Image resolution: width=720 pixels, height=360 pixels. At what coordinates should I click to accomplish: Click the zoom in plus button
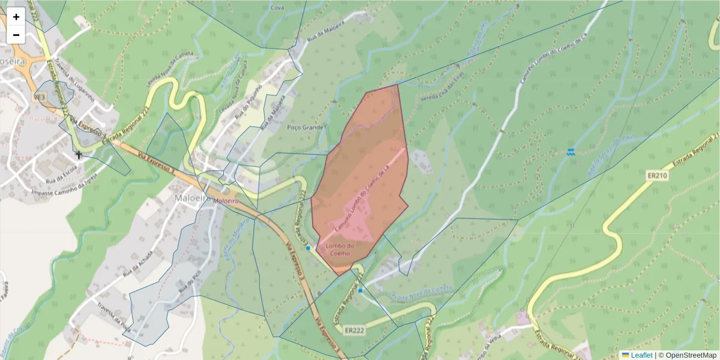[16, 17]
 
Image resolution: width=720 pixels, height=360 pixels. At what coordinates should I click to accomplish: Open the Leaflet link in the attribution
[641, 355]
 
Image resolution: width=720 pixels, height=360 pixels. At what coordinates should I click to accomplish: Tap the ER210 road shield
[658, 176]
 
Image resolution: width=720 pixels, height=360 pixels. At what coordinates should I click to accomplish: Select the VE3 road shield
[40, 97]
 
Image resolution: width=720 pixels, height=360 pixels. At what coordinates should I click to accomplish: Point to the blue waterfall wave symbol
[571, 152]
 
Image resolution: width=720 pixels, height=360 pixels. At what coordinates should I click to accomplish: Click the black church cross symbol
[78, 155]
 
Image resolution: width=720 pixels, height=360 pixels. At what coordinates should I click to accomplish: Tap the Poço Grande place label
[305, 128]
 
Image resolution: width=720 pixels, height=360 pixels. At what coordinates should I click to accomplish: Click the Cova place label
[277, 8]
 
